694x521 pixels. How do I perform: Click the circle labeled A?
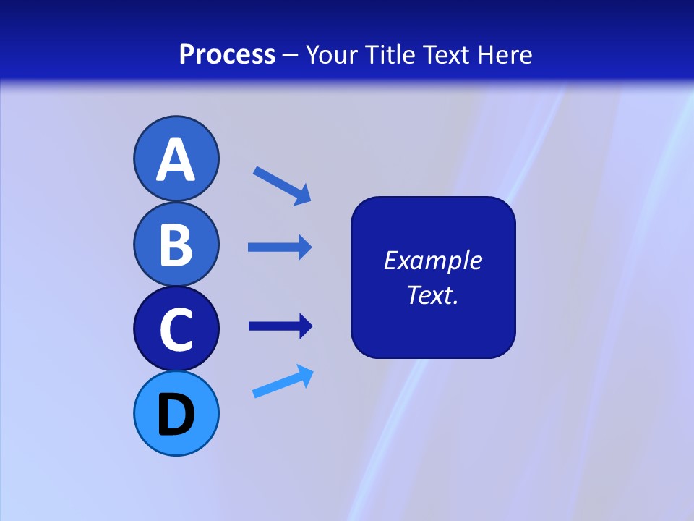pos(176,158)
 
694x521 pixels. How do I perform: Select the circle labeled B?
pos(176,244)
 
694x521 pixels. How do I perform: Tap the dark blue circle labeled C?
pos(176,329)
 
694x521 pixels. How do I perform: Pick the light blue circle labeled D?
pos(176,414)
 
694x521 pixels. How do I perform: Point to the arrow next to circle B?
pos(279,247)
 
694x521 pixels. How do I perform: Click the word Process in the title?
pos(227,54)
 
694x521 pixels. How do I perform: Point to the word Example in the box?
pos(432,260)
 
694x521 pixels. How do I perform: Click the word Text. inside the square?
pos(432,295)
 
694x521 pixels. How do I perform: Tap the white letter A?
pos(176,160)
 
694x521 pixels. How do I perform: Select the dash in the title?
pos(291,55)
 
